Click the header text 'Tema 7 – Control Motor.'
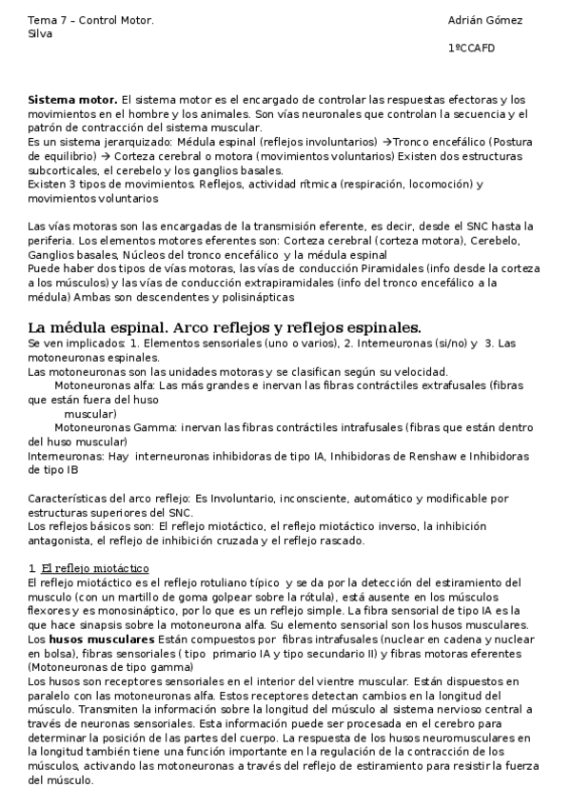[x=77, y=20]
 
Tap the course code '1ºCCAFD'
[x=471, y=49]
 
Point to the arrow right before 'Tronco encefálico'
[x=386, y=141]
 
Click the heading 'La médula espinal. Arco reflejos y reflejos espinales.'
[x=225, y=327]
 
